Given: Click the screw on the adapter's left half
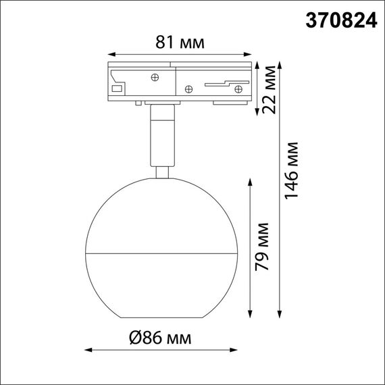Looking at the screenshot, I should coord(156,78).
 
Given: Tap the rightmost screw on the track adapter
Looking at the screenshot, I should coord(238,88).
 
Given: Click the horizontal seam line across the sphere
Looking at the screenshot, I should coord(161,255).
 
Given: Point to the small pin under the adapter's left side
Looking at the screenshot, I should coord(138,103).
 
